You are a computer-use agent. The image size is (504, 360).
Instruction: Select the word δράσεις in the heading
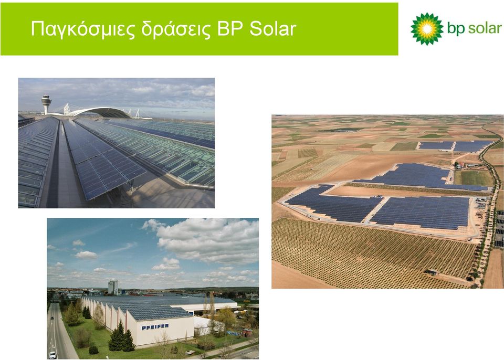(176, 29)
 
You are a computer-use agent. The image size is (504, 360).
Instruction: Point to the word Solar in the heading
(272, 28)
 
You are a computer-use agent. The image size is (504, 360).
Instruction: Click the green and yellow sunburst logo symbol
(427, 29)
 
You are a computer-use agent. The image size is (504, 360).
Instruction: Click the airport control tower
(46, 104)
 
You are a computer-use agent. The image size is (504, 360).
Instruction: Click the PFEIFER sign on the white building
(155, 326)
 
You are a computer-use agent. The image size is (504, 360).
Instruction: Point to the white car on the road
(52, 355)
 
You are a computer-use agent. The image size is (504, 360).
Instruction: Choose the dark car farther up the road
(52, 318)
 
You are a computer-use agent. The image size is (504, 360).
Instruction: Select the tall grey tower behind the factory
(113, 288)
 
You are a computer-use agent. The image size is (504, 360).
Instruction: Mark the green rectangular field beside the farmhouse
(474, 178)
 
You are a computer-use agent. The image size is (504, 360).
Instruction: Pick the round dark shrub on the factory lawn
(93, 350)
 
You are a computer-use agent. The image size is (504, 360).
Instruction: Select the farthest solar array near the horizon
(455, 146)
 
